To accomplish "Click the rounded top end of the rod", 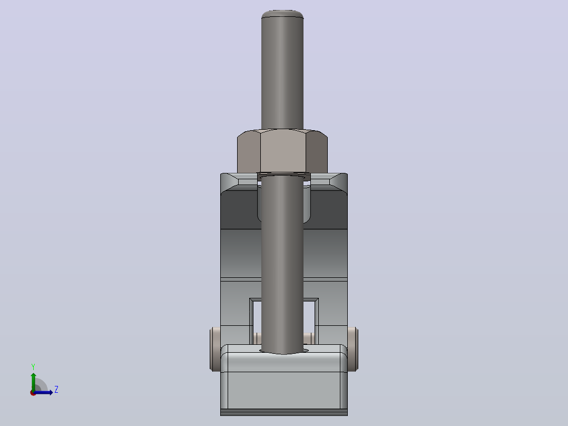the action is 282,14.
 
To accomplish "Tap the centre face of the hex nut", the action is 283,151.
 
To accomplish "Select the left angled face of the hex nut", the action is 249,152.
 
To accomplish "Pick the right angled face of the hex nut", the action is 317,152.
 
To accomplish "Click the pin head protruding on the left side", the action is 215,349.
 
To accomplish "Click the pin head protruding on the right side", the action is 353,349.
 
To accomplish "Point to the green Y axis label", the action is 33,367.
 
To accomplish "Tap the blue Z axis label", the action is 56,390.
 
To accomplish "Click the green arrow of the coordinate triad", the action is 33,382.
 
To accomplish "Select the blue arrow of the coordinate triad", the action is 43,392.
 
